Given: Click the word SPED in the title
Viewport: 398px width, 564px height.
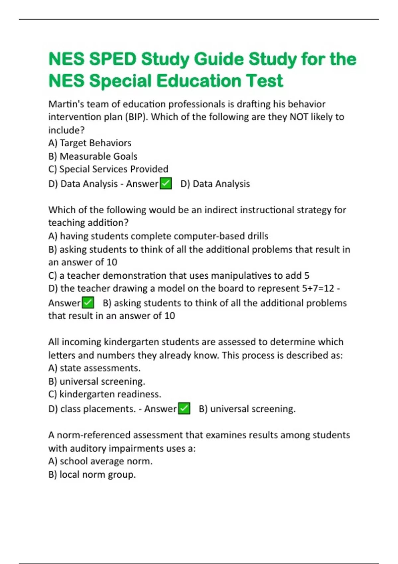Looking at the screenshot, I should click(113, 59).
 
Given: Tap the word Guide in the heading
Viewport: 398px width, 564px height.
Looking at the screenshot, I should click(219, 59).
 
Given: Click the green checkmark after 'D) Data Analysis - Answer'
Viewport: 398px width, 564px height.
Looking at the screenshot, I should click(166, 183).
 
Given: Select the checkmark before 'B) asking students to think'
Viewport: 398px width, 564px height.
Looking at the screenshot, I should click(88, 303).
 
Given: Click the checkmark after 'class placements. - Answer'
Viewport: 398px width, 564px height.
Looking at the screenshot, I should click(184, 408).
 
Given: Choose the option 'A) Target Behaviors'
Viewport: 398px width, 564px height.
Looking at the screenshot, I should click(90, 143).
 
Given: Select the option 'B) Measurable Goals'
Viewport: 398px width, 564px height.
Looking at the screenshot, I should click(93, 156).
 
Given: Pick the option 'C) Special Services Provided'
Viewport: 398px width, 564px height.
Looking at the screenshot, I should click(108, 169).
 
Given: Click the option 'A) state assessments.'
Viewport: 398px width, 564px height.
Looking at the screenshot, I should click(95, 368).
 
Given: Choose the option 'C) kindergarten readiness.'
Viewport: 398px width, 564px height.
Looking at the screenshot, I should click(105, 394).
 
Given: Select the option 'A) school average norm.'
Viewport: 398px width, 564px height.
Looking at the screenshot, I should click(100, 461).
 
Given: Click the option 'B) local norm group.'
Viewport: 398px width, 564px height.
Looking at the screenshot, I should click(92, 474).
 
